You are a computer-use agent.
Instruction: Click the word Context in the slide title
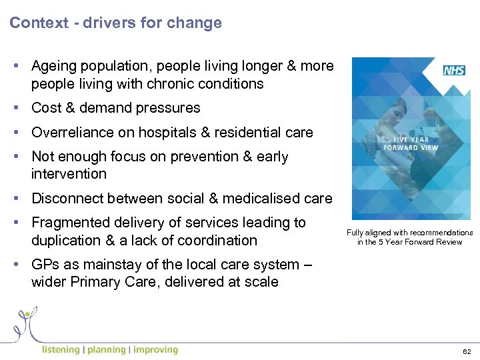pos(39,23)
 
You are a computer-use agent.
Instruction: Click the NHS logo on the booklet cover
pos(454,70)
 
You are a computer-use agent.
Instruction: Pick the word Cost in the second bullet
pos(46,108)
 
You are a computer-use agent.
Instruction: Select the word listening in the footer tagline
pos(60,350)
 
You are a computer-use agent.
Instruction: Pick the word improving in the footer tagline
pos(155,350)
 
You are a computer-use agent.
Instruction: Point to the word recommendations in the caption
pos(441,233)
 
